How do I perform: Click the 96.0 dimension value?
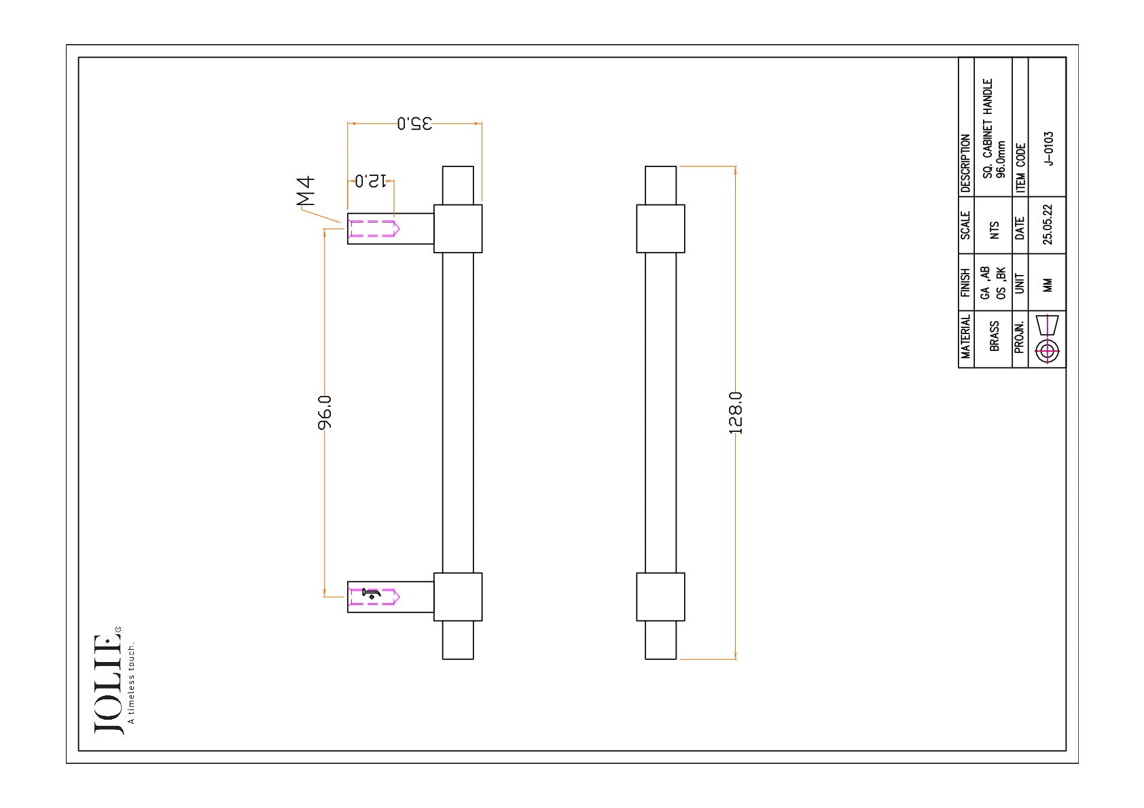[x=325, y=412]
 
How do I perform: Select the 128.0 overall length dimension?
[x=736, y=413]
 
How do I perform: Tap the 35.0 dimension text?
[x=414, y=124]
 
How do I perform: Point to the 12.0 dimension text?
[x=371, y=181]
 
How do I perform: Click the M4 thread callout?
[x=306, y=191]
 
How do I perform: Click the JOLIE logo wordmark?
[x=108, y=684]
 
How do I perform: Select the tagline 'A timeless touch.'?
[x=131, y=684]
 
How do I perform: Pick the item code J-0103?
[x=1048, y=149]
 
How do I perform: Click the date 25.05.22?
[x=1048, y=225]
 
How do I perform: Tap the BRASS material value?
[x=994, y=336]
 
